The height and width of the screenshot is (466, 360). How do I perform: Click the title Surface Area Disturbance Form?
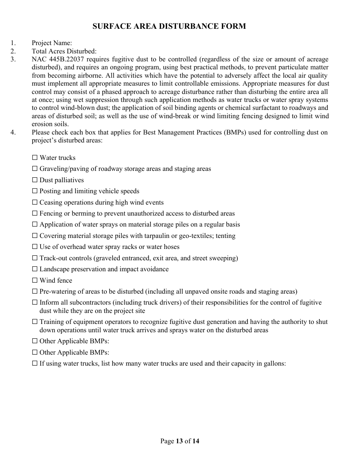pyautogui.click(x=169, y=26)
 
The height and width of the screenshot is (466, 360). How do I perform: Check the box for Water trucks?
pyautogui.click(x=35, y=158)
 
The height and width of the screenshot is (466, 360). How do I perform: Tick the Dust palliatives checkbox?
pyautogui.click(x=35, y=180)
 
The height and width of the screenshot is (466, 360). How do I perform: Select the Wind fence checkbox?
pyautogui.click(x=35, y=280)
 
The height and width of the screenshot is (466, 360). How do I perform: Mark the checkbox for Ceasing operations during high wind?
pyautogui.click(x=35, y=202)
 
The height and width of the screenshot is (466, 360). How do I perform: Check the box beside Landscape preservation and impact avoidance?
pyautogui.click(x=35, y=269)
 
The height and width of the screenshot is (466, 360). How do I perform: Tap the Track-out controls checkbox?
pyautogui.click(x=35, y=258)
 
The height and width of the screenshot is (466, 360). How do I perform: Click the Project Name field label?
pyautogui.click(x=52, y=43)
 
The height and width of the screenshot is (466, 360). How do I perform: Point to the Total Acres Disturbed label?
pyautogui.click(x=64, y=51)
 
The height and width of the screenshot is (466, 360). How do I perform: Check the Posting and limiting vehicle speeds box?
pyautogui.click(x=35, y=191)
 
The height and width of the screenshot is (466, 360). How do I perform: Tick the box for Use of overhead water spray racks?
pyautogui.click(x=35, y=247)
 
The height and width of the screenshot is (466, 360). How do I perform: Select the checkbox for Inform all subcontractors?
pyautogui.click(x=35, y=302)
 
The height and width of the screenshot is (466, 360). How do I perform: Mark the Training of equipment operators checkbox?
pyautogui.click(x=35, y=322)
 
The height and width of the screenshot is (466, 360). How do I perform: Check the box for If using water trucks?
pyautogui.click(x=35, y=363)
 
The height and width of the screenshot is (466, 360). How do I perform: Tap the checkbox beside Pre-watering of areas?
pyautogui.click(x=35, y=291)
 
